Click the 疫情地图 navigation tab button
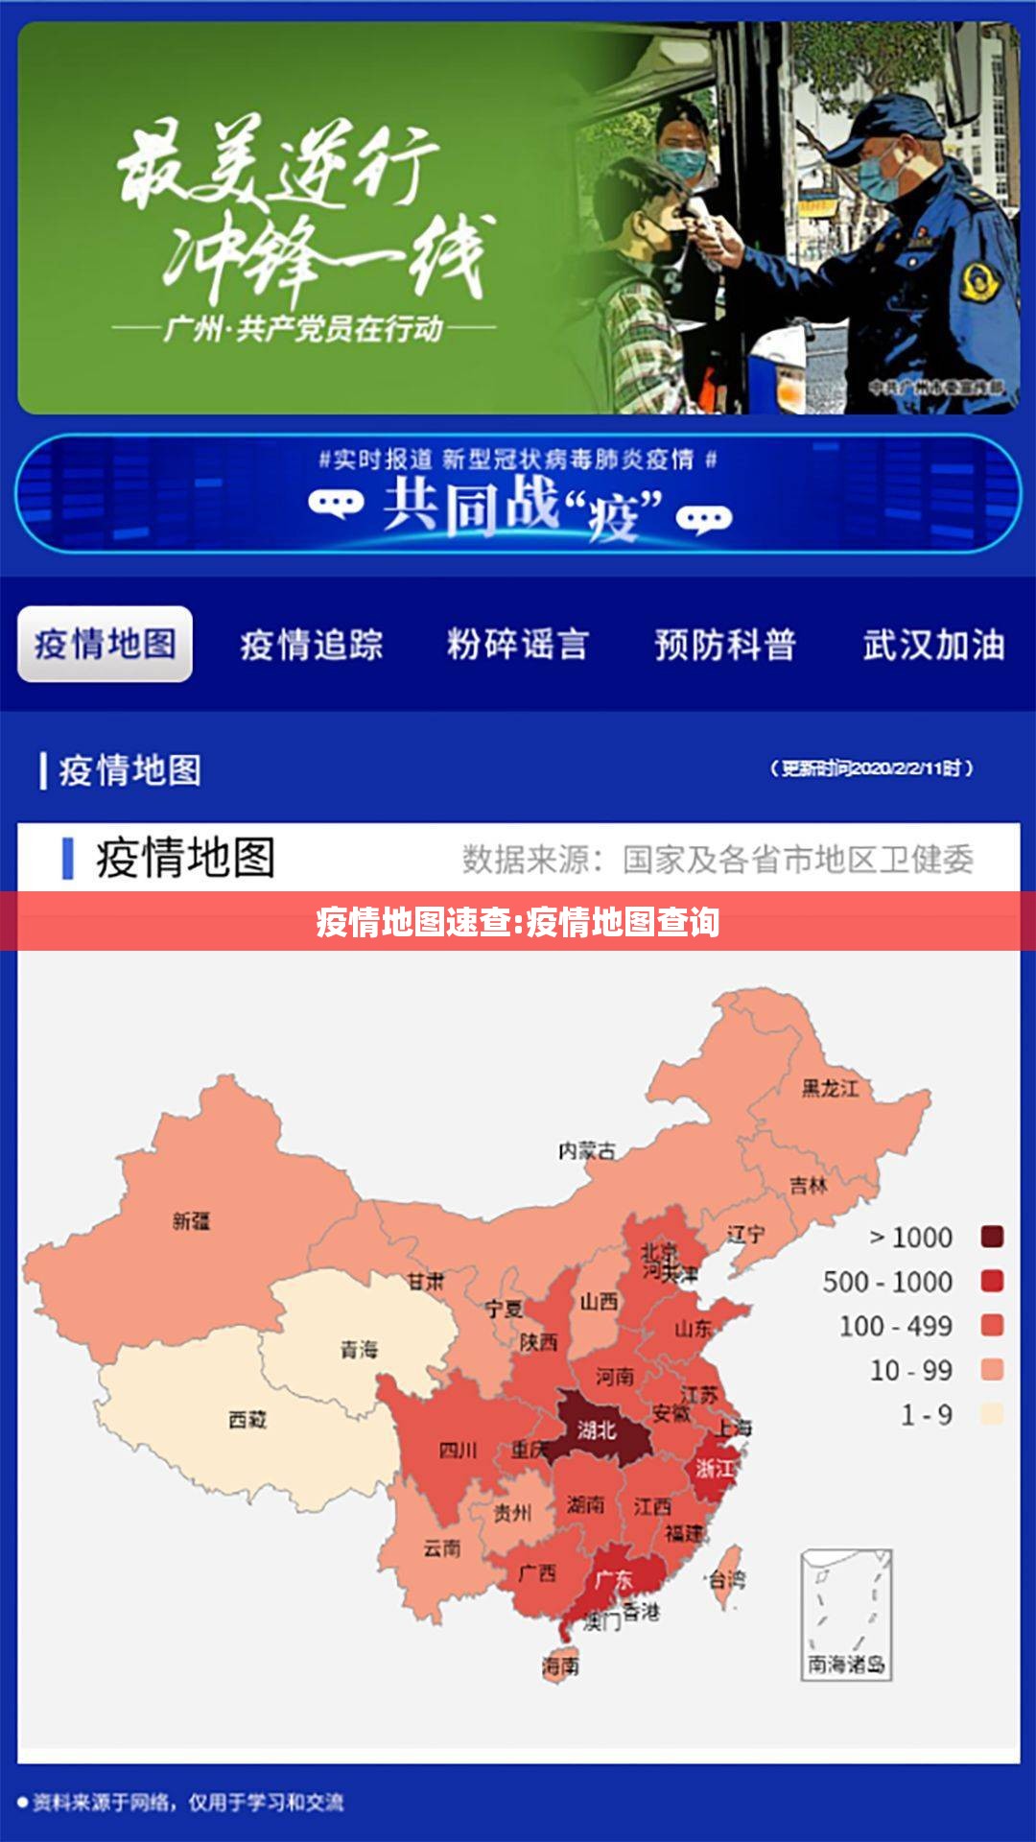[105, 644]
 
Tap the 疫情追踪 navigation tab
[312, 645]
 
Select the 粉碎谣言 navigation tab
[518, 645]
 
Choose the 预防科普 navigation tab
[725, 645]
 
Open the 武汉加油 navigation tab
[933, 645]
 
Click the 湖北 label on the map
[596, 1430]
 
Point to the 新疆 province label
[191, 1221]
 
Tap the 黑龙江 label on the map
[831, 1088]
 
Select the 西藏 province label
[247, 1419]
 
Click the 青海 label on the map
[359, 1350]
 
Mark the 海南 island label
[560, 1666]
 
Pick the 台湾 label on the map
[727, 1578]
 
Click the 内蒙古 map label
[587, 1149]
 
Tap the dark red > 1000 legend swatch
[992, 1237]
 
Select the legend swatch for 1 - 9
[992, 1413]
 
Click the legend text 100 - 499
[896, 1326]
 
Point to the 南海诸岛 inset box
[846, 1615]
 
